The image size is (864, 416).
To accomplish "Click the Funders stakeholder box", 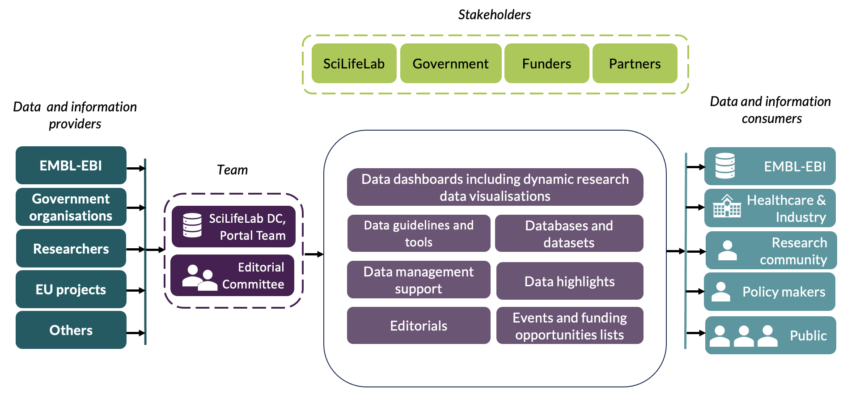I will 546,64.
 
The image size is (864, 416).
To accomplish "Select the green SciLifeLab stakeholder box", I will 354,64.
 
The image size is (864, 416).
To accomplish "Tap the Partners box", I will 635,64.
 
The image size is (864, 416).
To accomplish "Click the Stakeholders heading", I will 494,15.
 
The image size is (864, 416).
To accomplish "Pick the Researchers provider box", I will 71,249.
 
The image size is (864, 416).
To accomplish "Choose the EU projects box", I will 71,289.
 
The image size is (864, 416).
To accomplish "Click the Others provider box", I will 71,330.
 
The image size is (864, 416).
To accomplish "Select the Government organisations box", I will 71,207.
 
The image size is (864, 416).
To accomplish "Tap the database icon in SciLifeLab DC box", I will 192,225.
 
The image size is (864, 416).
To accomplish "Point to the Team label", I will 232,170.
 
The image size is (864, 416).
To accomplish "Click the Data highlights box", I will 569,281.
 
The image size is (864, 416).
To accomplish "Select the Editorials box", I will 419,326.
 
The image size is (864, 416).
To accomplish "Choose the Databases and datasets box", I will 569,233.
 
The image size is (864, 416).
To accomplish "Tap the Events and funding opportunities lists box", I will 569,326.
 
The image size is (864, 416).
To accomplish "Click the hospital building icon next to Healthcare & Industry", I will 727,206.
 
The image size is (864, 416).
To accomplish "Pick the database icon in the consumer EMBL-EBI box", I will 725,166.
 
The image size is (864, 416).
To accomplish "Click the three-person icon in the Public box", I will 743,336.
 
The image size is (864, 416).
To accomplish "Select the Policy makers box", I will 770,292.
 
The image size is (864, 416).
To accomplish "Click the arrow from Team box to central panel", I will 313,254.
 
